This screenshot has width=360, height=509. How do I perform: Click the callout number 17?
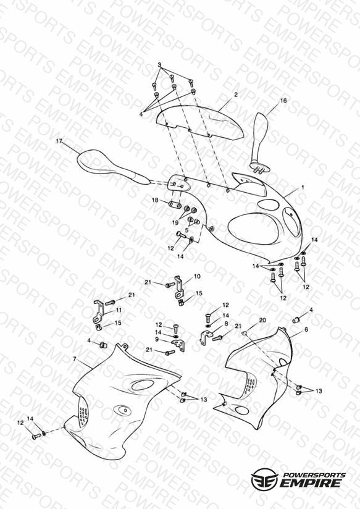[x=59, y=141]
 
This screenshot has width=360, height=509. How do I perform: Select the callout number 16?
[x=283, y=101]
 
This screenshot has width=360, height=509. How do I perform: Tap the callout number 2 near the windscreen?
[x=236, y=95]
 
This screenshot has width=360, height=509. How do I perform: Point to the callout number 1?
[x=303, y=187]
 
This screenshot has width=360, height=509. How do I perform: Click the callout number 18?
[x=155, y=200]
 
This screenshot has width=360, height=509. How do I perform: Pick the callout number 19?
[x=175, y=222]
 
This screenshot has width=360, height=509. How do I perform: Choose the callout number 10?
[x=197, y=276]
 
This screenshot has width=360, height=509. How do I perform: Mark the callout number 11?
[x=119, y=310]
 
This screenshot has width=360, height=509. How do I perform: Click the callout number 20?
[x=262, y=320]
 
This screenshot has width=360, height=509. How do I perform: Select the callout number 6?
[x=306, y=329]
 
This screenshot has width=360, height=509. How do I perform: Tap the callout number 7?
[x=75, y=359]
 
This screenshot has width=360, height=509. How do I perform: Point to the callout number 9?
[x=157, y=339]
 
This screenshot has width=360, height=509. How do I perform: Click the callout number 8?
[x=226, y=324]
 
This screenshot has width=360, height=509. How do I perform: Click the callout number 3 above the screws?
[x=159, y=65]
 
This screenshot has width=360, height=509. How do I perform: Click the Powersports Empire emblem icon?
[x=264, y=479]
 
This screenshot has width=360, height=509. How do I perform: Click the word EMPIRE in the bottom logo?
[x=311, y=482]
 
